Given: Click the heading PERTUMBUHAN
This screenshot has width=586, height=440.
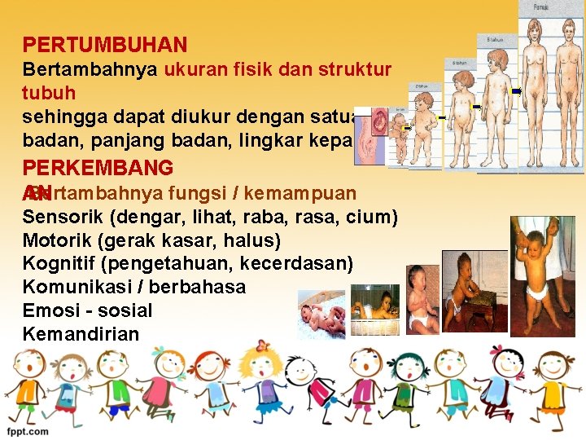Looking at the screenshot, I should tap(105, 46).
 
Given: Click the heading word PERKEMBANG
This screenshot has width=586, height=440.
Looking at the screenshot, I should tap(98, 169).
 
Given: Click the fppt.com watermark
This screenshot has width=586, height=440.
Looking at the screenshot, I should tap(28, 432).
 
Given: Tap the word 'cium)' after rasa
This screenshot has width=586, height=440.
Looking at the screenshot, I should tap(374, 218).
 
